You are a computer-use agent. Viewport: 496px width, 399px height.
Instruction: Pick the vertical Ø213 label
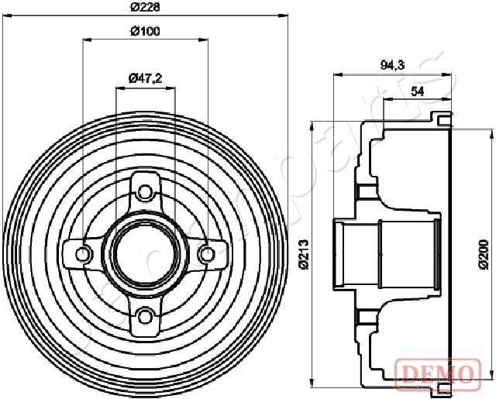coord(304,253)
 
